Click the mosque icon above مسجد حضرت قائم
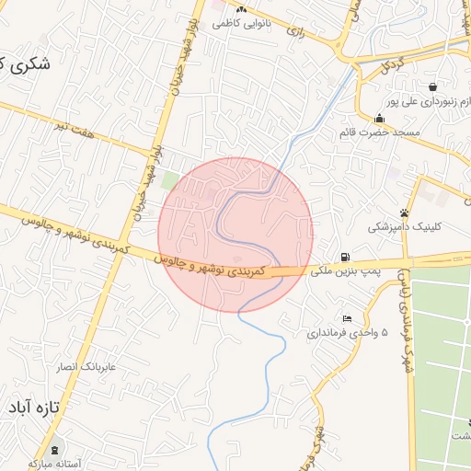(379, 118)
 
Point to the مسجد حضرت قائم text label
(379, 133)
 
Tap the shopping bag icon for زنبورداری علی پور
(431, 86)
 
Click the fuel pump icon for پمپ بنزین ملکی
(344, 257)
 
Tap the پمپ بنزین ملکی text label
(344, 271)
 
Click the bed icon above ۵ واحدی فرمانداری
(347, 318)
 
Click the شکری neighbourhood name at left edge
(26, 64)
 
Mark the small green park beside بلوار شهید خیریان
(170, 180)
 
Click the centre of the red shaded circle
(235, 235)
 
